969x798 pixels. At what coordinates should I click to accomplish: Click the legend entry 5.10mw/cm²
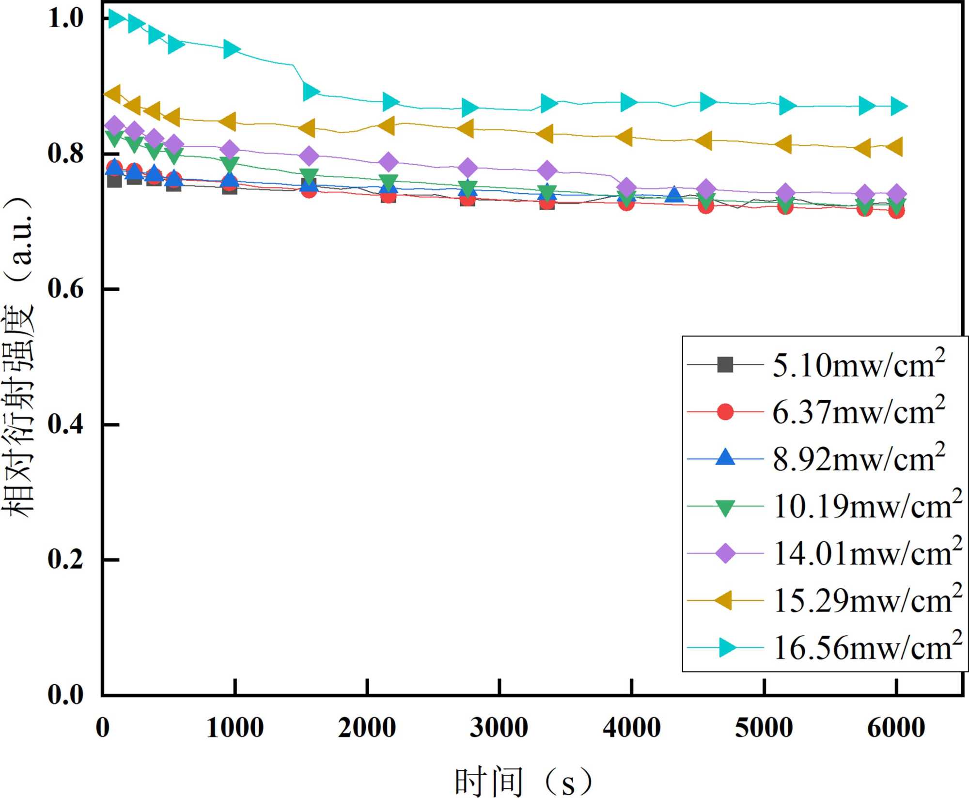[858, 365]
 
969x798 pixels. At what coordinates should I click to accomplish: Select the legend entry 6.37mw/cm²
[858, 412]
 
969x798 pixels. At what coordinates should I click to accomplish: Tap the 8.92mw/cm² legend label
[858, 459]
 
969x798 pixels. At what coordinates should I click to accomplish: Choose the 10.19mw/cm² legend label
[867, 506]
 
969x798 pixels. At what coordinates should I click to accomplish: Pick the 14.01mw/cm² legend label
[867, 553]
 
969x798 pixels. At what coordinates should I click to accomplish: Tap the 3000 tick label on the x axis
[499, 728]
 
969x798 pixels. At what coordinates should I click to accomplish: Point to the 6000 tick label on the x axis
[896, 728]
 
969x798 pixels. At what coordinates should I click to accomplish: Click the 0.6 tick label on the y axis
[65, 289]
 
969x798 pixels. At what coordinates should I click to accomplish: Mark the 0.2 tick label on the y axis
[65, 560]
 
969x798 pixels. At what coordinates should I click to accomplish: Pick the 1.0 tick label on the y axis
[65, 18]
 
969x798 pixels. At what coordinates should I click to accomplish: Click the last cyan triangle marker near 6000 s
[897, 106]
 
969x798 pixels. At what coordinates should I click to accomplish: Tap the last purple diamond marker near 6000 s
[896, 194]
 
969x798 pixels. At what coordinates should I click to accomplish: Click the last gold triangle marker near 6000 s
[894, 147]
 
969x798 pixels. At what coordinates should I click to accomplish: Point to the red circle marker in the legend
[725, 412]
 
